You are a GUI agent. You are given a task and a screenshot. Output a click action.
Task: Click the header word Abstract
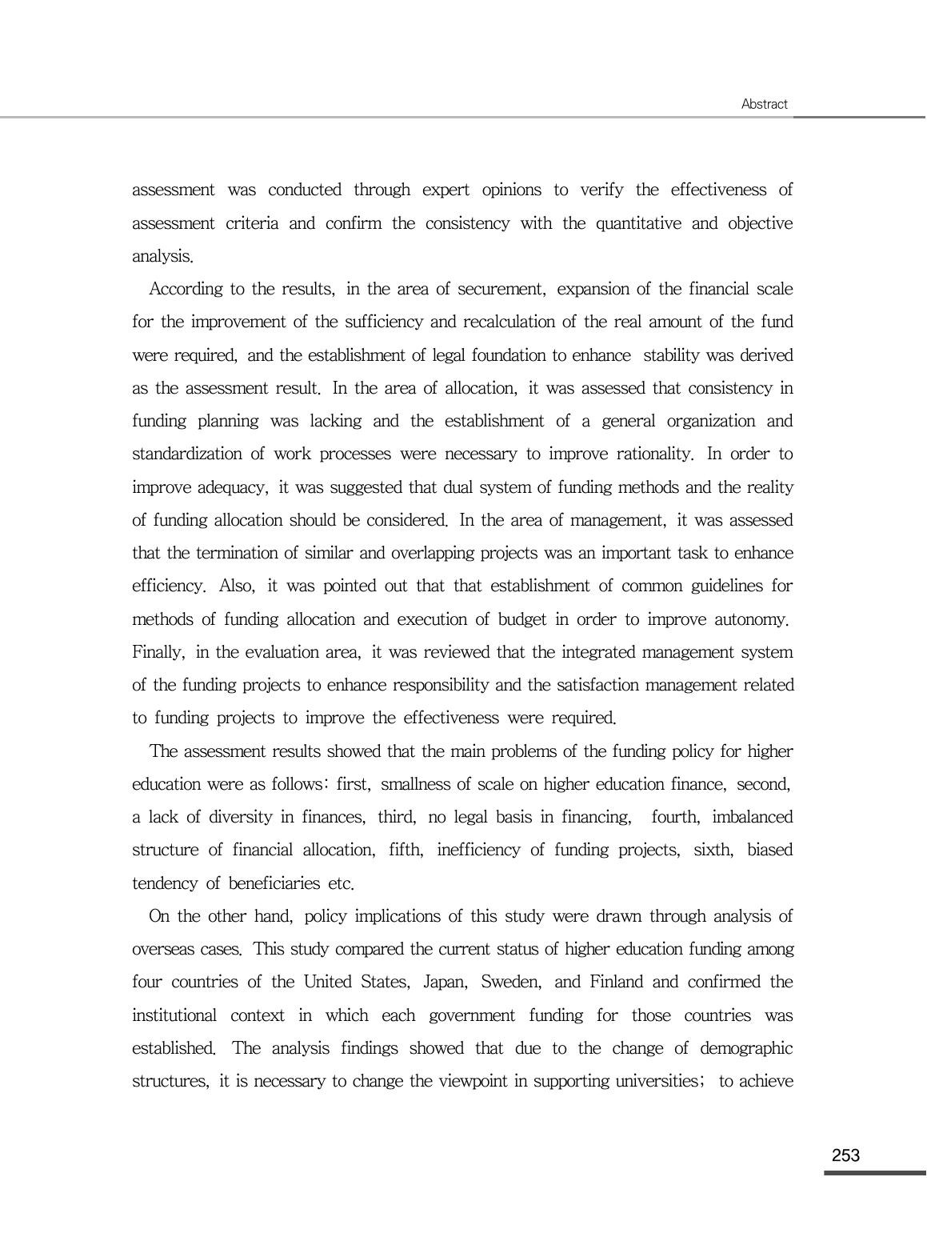pos(764,104)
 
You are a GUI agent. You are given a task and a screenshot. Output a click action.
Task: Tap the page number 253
pos(845,1155)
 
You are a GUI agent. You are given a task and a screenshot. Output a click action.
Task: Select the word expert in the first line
pos(446,190)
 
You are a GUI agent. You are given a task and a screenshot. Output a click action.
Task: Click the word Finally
pos(158,652)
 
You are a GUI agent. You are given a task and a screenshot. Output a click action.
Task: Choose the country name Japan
pos(444,983)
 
